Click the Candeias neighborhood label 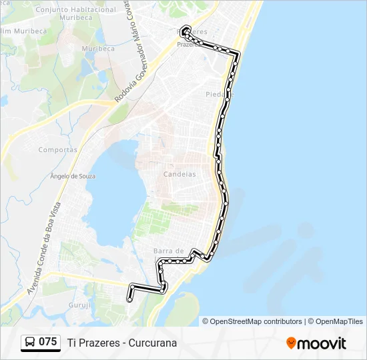coord(180,174)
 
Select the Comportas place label coord(57,150)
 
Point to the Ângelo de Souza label coord(73,176)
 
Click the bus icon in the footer coord(30,343)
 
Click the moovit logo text coord(322,343)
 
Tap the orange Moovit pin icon coord(291,343)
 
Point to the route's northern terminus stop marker coord(185,29)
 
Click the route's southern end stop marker coord(129,300)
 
